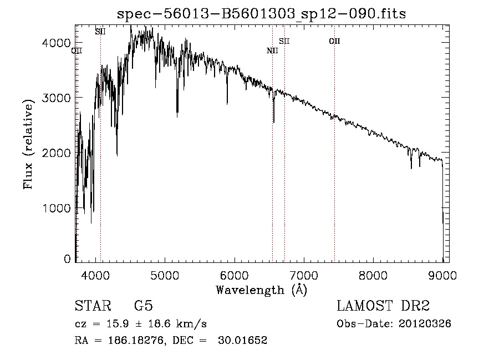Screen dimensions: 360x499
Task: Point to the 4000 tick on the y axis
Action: [x=57, y=43]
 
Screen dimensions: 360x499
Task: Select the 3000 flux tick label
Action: [x=57, y=98]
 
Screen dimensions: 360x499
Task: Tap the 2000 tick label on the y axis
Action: [x=57, y=153]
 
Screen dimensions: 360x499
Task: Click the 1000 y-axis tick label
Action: [x=57, y=208]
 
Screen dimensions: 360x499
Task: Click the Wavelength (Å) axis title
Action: [x=261, y=290]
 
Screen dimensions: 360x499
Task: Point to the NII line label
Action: [x=272, y=51]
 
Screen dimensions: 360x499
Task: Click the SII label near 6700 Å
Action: [x=284, y=41]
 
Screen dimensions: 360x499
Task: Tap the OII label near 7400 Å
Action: [x=334, y=41]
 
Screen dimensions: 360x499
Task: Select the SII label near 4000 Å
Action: [x=100, y=32]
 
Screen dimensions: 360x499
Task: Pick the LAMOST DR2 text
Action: [x=383, y=306]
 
